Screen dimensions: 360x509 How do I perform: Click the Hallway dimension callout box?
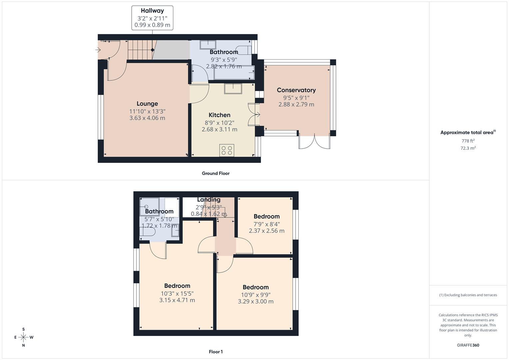coord(152,18)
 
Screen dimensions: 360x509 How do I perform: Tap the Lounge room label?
coord(147,104)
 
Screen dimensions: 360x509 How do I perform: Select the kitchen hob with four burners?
coord(227,150)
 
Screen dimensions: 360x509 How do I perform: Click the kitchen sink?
coord(233,89)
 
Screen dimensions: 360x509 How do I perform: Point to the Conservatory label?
coord(296,90)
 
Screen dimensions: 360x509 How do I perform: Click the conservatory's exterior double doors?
coord(315,141)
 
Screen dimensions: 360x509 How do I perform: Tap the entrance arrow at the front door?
coord(98,50)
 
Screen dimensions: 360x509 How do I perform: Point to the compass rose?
coord(23,337)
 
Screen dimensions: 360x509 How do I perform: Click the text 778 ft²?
coord(468,141)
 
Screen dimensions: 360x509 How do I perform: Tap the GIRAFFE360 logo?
coord(468,345)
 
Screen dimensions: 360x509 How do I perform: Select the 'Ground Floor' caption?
coord(216,173)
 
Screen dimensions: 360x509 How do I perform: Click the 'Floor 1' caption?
coord(216,352)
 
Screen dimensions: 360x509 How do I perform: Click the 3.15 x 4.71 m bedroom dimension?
coord(177,300)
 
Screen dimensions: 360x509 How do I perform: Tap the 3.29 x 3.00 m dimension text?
coord(256,301)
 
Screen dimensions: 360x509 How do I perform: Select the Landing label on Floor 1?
coord(209,200)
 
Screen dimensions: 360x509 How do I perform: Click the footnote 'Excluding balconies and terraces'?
coord(468,295)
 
